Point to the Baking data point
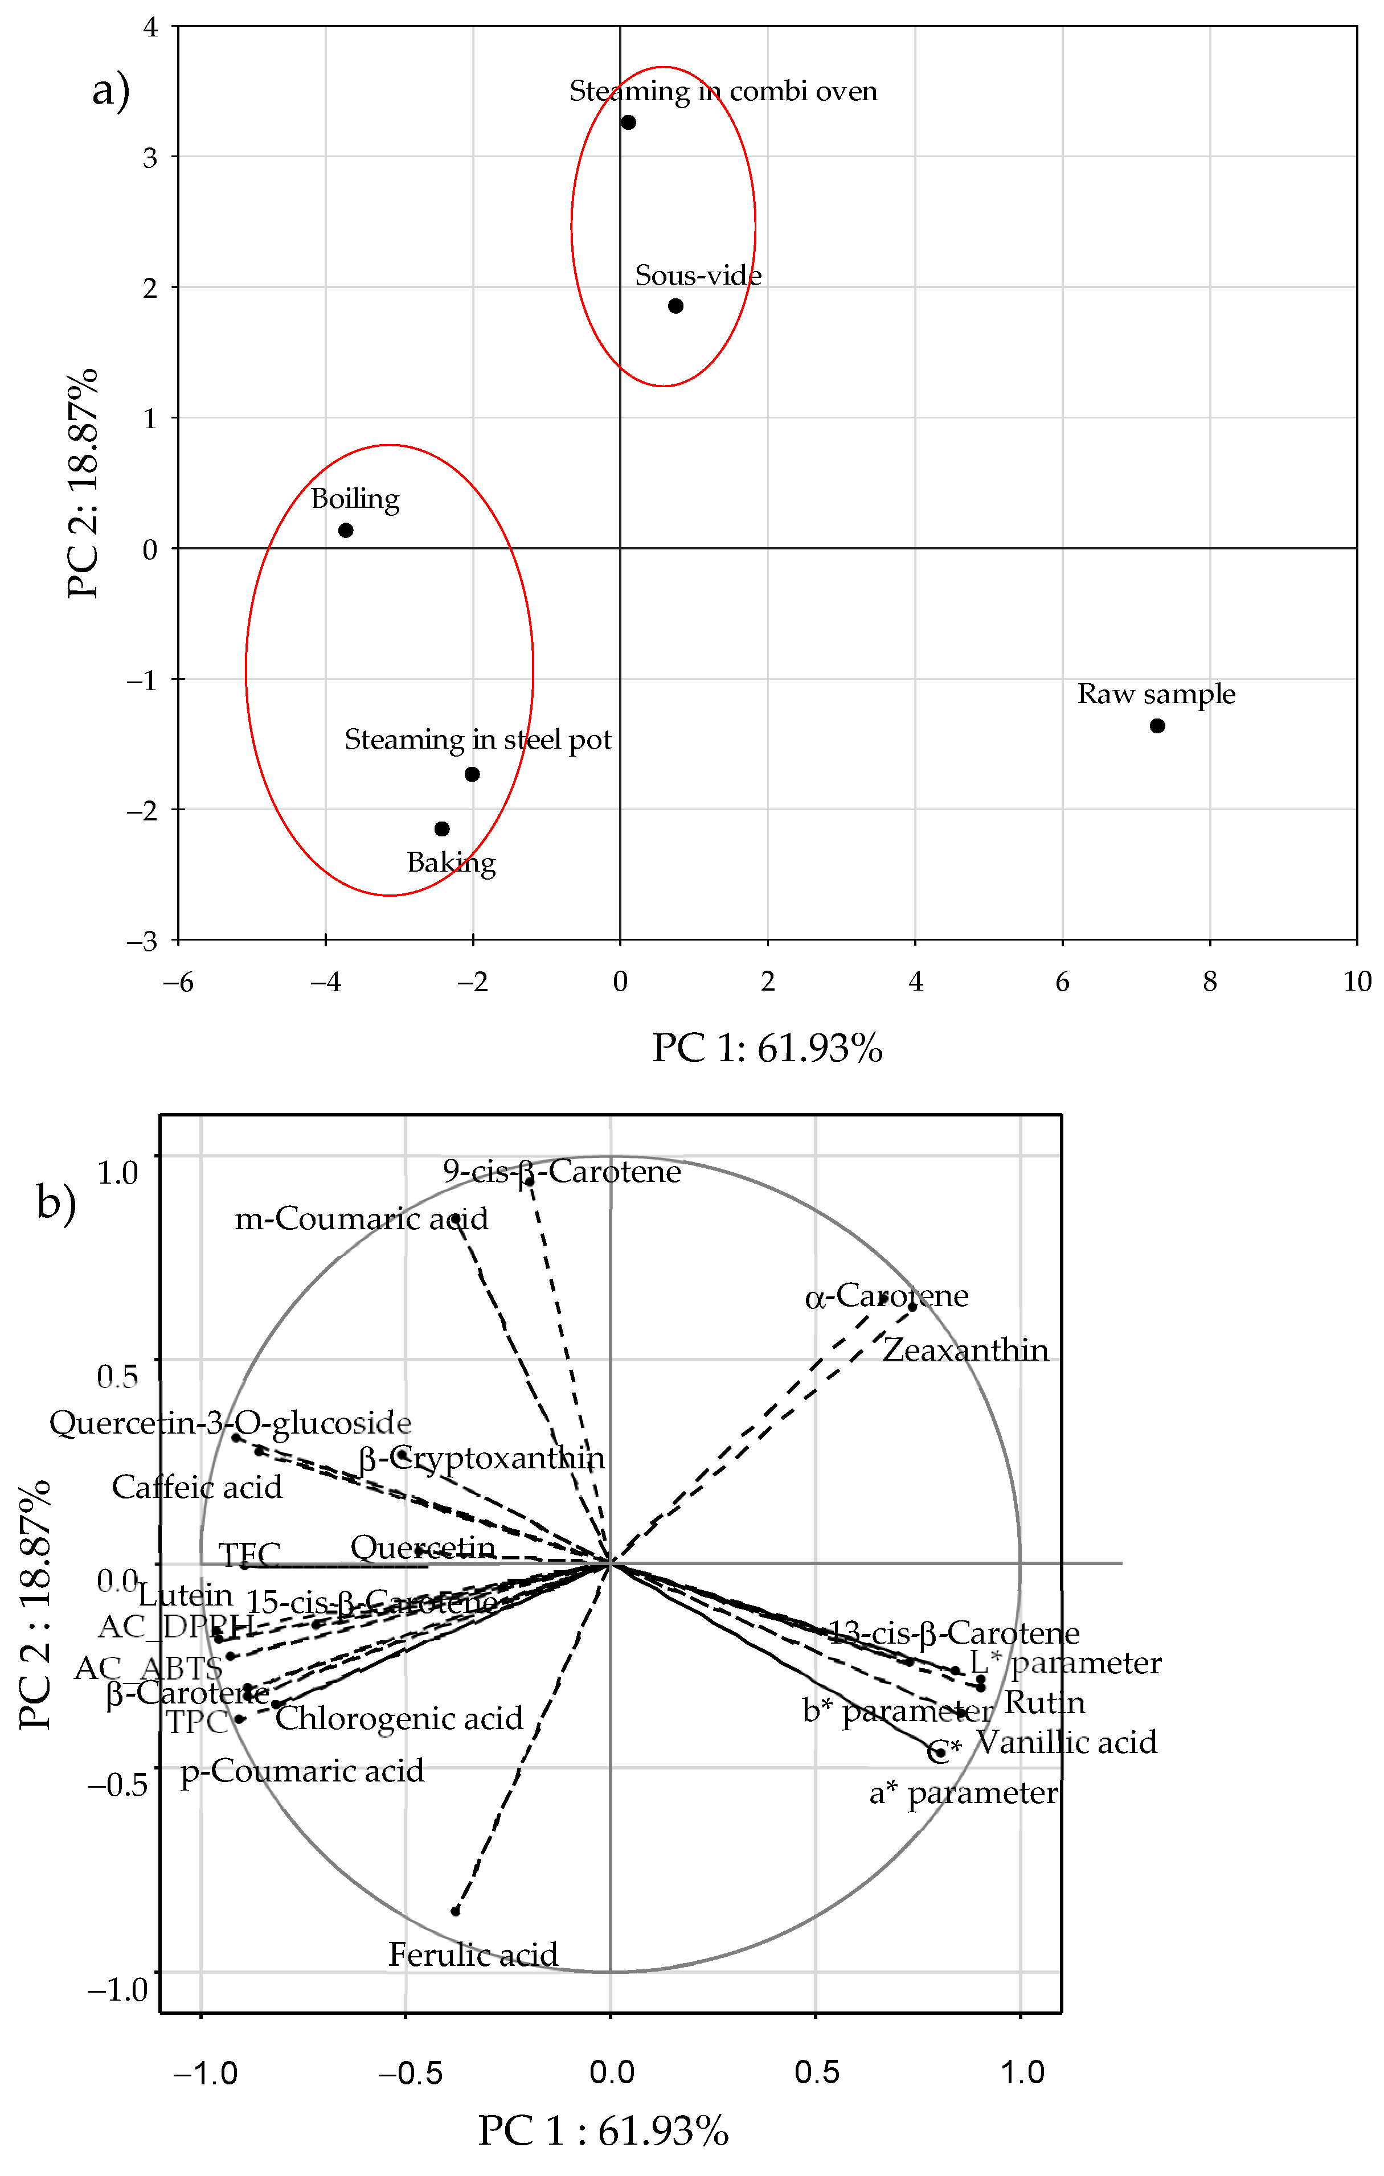(442, 828)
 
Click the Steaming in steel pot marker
(472, 774)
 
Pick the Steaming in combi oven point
(628, 122)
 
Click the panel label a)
(111, 91)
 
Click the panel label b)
(56, 1203)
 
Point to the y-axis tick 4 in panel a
(150, 27)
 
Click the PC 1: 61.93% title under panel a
(767, 1048)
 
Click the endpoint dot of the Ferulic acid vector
(456, 1910)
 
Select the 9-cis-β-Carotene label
(562, 1172)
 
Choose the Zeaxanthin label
(965, 1350)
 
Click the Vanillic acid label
(1067, 1742)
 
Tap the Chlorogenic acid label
(399, 1717)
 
